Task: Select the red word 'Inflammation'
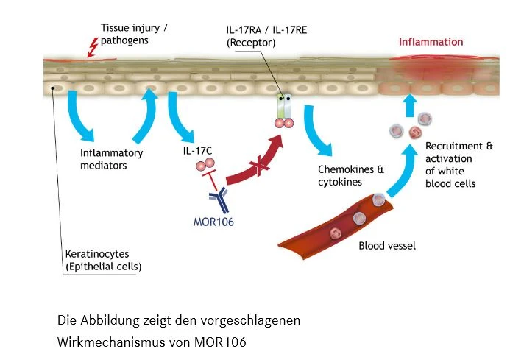coord(431,42)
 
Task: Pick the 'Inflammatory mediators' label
coord(111,160)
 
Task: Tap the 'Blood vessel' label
coord(386,246)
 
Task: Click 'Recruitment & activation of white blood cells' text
coord(450,165)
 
